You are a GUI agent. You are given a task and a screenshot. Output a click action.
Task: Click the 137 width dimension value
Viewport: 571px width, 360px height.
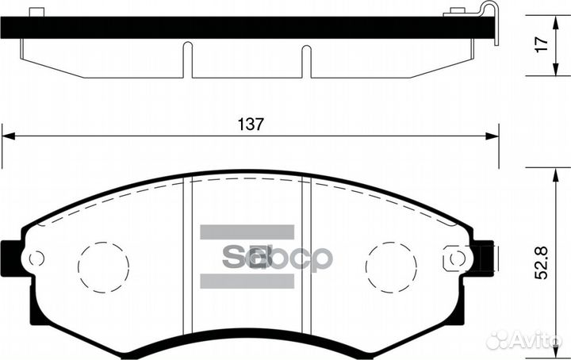250,124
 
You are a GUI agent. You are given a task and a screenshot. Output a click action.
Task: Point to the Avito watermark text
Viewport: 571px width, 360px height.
535,341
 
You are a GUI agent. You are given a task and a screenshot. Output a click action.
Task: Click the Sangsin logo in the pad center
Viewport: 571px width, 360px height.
274,258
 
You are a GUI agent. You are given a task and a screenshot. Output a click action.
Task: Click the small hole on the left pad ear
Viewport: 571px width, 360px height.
35,259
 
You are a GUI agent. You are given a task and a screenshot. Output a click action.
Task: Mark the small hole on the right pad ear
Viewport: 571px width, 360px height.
455,259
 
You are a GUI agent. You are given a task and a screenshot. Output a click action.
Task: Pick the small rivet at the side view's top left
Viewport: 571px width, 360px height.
35,11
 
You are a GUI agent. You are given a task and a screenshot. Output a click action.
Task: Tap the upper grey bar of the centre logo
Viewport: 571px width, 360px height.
247,232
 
